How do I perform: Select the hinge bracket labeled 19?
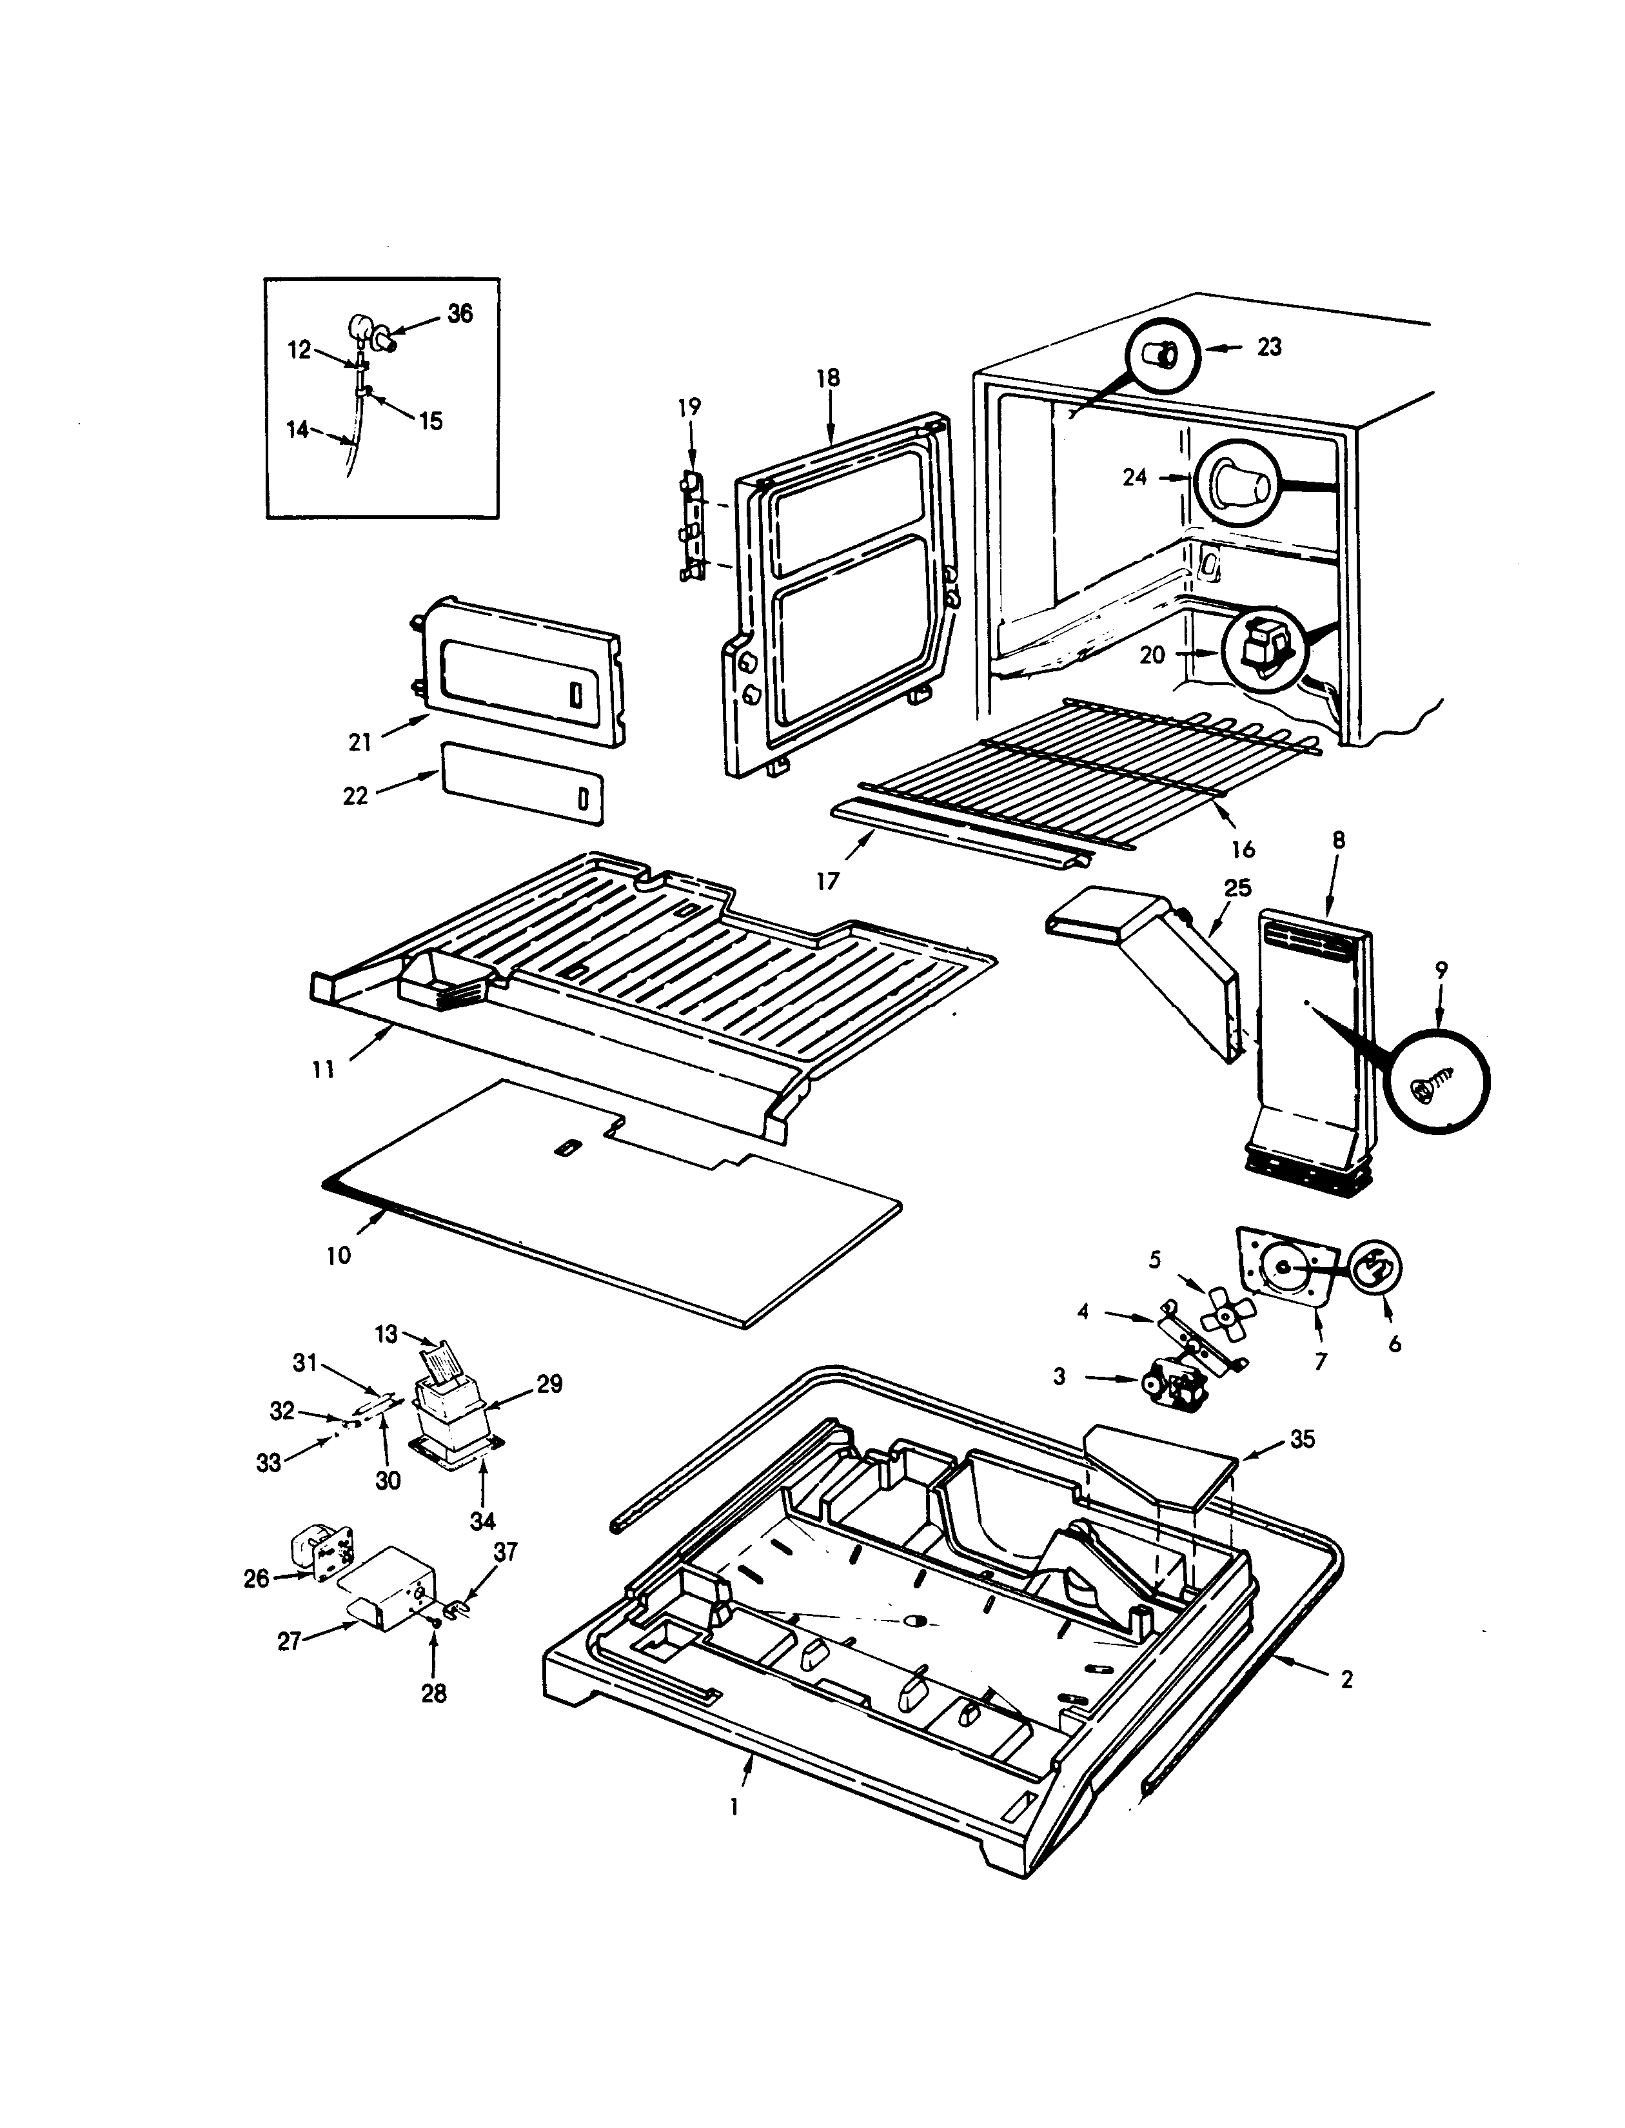(x=690, y=527)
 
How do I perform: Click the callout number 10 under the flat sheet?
(x=339, y=1256)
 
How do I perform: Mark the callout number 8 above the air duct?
(x=1339, y=841)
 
